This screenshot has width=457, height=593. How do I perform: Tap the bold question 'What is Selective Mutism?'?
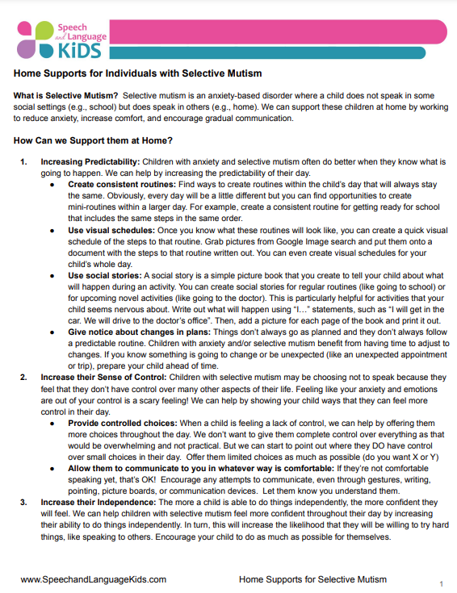click(x=66, y=96)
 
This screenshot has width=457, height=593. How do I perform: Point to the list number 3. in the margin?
click(x=23, y=501)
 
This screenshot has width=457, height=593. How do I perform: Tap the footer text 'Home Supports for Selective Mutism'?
click(x=312, y=579)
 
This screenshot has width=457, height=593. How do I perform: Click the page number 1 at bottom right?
click(x=441, y=583)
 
